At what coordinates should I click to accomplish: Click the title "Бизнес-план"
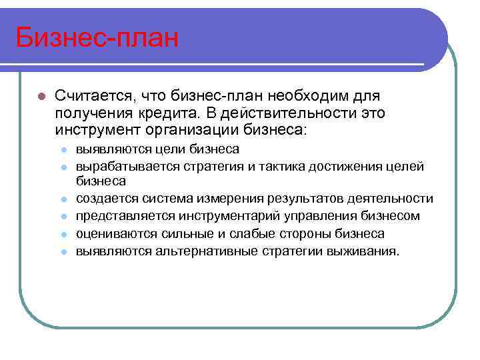point(97,38)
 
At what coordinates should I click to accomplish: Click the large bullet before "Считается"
point(41,97)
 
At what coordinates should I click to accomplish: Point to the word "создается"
point(105,199)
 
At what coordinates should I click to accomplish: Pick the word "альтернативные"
point(199,251)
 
